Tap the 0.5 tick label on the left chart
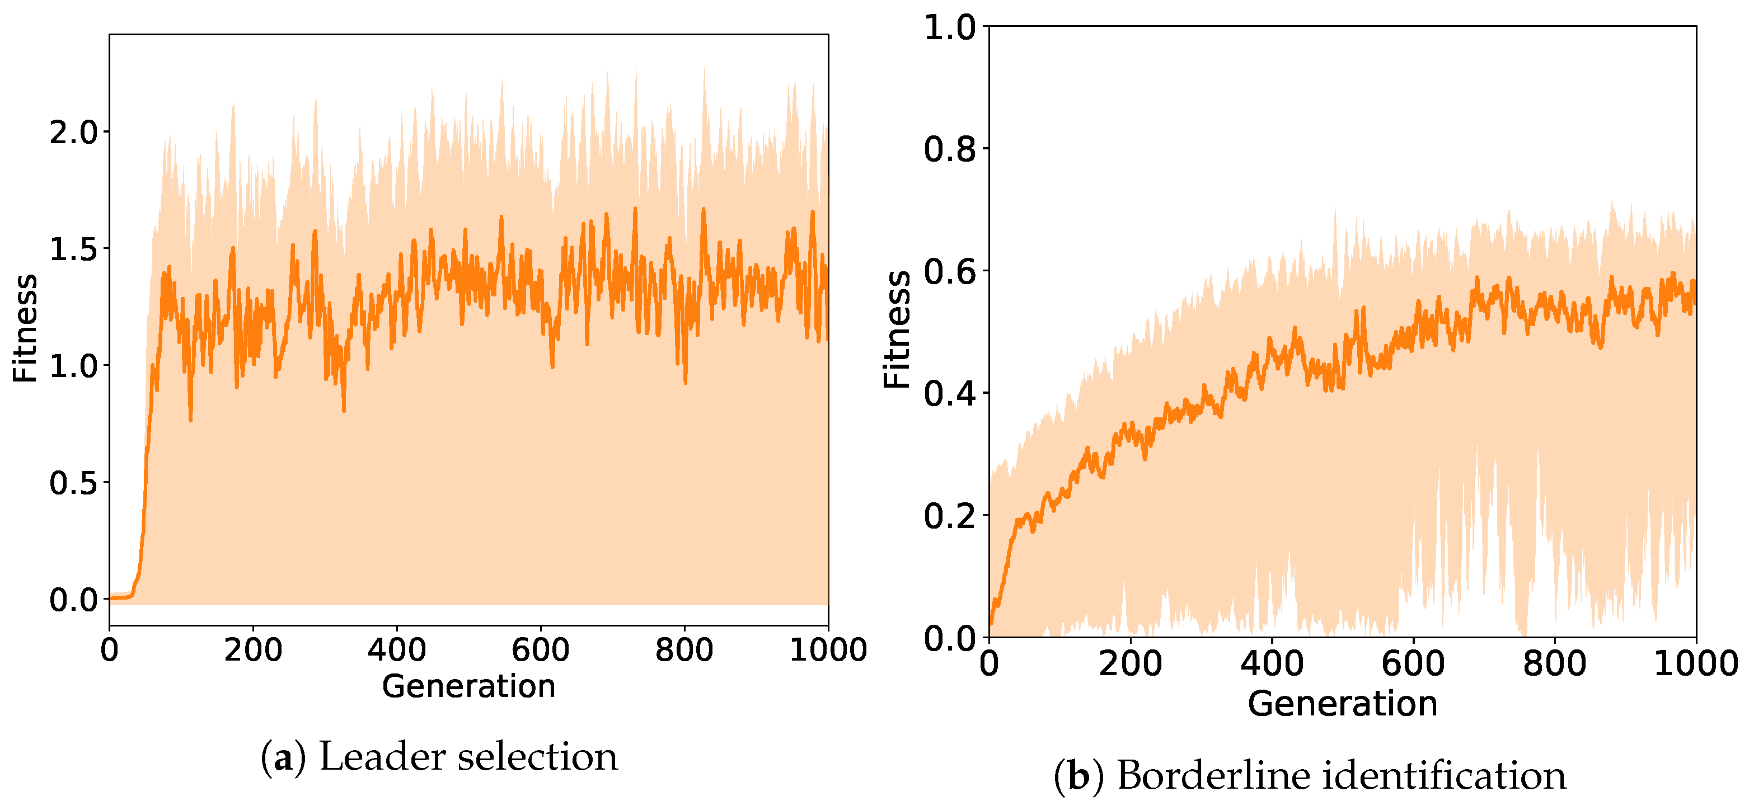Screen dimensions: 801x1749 tap(73, 483)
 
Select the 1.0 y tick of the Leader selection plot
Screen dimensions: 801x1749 tap(73, 366)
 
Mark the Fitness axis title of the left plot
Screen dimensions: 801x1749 tap(25, 328)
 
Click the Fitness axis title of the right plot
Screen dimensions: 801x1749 tap(896, 330)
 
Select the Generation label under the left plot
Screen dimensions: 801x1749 tap(468, 686)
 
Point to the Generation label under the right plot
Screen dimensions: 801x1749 tap(1342, 703)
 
